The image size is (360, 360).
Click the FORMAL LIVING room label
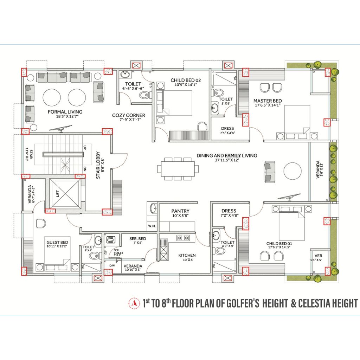tap(65, 112)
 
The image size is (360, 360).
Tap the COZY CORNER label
tap(129, 115)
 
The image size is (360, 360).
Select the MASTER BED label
tap(268, 101)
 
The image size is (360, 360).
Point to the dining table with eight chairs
tap(178, 169)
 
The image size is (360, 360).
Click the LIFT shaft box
tap(65, 194)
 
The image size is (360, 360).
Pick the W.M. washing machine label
tap(152, 226)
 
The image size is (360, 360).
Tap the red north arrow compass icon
tap(134, 303)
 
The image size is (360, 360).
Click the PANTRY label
tap(180, 211)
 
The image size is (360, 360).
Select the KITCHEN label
tap(187, 255)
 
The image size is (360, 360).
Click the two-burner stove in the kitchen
tap(183, 238)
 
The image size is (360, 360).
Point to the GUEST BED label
tap(57, 243)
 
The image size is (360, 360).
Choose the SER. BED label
tap(138, 239)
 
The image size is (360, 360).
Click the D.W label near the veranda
tap(112, 266)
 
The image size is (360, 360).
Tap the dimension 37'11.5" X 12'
tap(227, 160)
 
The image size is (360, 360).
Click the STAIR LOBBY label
tap(98, 165)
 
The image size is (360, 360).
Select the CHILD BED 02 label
tap(186, 81)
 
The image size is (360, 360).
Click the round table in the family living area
tap(292, 171)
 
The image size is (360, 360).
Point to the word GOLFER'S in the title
tap(243, 303)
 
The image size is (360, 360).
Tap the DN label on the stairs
tap(85, 169)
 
